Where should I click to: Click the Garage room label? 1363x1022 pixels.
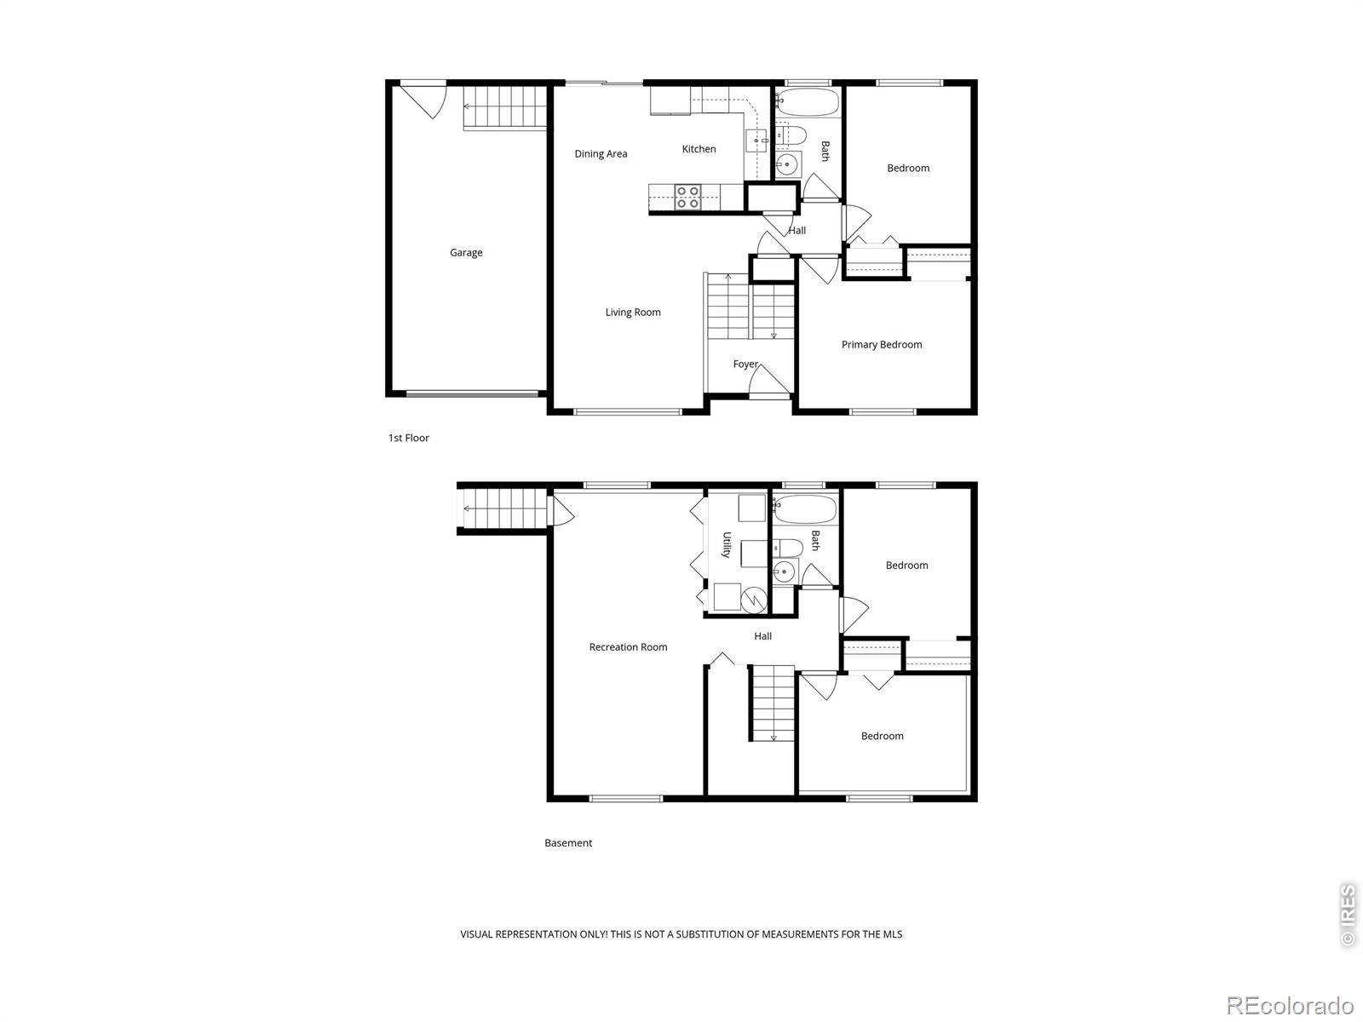[466, 253]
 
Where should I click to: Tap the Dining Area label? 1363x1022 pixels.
[601, 154]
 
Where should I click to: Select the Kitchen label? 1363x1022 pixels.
[699, 149]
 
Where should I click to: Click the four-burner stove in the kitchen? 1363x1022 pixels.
[688, 197]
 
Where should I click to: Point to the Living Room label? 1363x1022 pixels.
[633, 312]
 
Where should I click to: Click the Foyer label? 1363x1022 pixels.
[745, 365]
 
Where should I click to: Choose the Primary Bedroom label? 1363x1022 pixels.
[881, 344]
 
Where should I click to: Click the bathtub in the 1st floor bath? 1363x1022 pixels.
[808, 101]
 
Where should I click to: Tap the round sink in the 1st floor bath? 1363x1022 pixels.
[787, 164]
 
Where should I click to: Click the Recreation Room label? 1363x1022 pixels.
[628, 647]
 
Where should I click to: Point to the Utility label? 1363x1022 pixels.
[726, 545]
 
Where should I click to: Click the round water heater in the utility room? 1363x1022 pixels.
[754, 600]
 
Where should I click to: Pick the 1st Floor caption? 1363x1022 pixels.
[409, 438]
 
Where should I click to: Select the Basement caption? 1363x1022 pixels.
[568, 842]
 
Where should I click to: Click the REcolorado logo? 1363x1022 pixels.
[1291, 1005]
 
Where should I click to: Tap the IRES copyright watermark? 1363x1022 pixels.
[1347, 915]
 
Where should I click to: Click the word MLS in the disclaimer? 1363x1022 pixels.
[892, 934]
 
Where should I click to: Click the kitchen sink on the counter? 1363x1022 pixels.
[756, 141]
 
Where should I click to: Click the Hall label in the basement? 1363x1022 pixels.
[762, 636]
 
